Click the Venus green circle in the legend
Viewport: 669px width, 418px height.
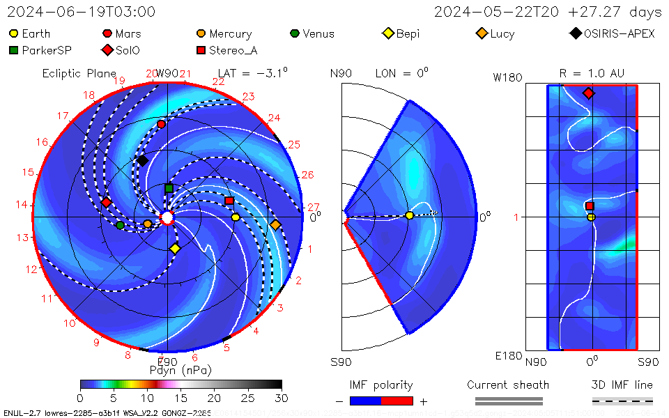point(295,33)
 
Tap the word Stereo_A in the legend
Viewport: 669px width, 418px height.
point(233,50)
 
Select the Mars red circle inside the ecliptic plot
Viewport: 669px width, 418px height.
point(162,124)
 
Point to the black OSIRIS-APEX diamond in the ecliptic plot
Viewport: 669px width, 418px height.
point(142,161)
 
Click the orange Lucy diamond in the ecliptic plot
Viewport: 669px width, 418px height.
point(275,224)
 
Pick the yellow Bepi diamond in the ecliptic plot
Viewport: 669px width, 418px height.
point(175,248)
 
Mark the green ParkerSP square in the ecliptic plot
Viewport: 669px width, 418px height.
point(169,188)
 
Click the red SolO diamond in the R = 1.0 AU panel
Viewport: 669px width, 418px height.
point(589,93)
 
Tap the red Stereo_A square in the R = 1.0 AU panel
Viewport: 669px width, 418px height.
point(590,206)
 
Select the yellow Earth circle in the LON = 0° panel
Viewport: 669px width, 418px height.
point(409,215)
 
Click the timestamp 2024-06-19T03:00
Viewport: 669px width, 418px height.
point(81,12)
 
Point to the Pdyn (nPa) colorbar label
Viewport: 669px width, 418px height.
point(180,369)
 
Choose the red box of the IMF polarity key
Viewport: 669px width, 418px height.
point(397,401)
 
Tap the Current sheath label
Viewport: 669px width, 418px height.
point(508,385)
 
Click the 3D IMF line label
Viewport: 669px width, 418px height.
point(622,385)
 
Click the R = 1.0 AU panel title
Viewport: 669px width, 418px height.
point(592,73)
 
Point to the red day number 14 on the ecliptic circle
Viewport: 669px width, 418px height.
point(22,205)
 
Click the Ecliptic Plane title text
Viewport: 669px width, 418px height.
point(79,73)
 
